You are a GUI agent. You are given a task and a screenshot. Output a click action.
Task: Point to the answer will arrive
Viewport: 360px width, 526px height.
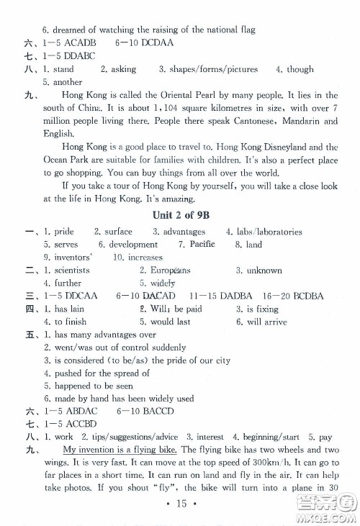tap(269, 322)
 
